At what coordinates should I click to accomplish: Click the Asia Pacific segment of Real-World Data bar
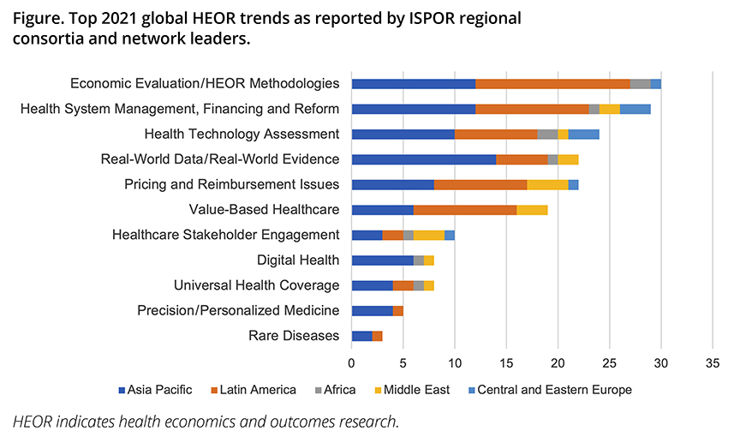tap(424, 159)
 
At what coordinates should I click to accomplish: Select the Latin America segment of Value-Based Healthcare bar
tap(465, 210)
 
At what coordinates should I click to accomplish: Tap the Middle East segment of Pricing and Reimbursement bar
tap(548, 184)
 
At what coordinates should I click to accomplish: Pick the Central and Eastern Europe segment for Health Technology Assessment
tap(583, 134)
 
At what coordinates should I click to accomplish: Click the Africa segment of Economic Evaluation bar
tap(640, 84)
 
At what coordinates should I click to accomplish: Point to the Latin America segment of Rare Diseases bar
tap(378, 336)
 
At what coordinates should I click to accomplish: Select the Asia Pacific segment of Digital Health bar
tap(383, 260)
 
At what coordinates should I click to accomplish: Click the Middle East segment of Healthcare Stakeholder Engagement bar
tap(429, 235)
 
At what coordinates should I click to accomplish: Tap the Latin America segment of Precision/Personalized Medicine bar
tap(398, 310)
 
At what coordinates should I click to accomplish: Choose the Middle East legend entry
tap(415, 390)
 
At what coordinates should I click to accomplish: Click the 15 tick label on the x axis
tap(506, 362)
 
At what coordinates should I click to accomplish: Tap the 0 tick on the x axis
tap(352, 362)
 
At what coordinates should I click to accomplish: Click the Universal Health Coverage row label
tap(256, 285)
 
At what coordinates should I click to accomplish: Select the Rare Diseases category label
tap(294, 336)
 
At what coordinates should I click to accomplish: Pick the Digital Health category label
tap(298, 260)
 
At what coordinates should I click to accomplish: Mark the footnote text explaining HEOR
tap(206, 421)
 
